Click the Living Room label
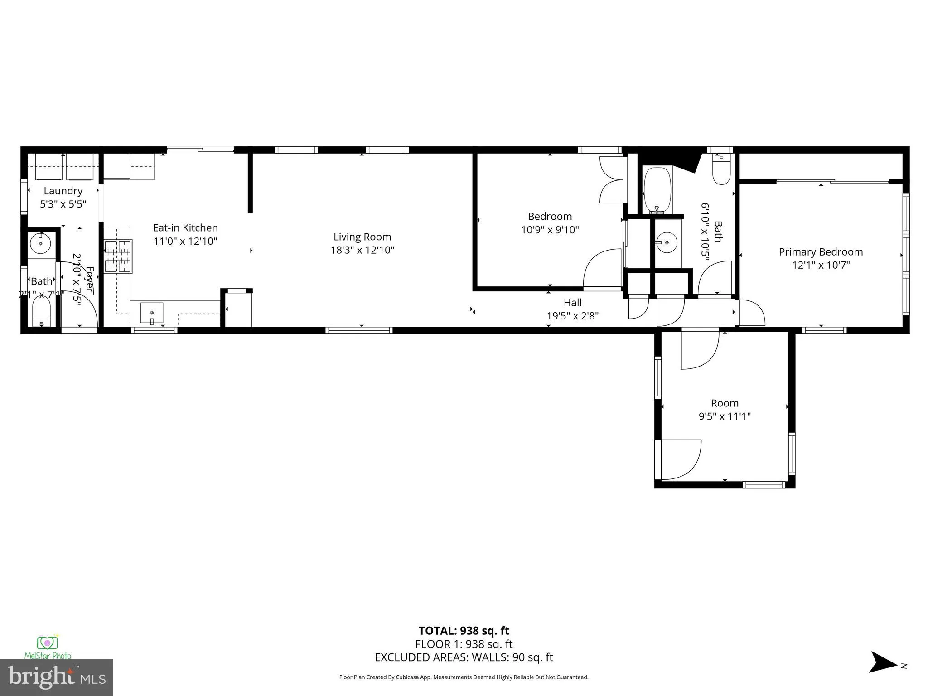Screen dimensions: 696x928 (362, 237)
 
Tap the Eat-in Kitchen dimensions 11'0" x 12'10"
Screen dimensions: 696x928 (185, 241)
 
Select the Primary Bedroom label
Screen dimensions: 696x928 (821, 252)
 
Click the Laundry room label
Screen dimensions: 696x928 (63, 191)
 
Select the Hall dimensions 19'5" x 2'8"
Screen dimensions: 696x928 (572, 316)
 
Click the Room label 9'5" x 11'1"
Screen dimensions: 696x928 (725, 403)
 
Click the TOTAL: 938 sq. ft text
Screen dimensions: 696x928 (464, 631)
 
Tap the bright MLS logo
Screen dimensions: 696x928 (57, 677)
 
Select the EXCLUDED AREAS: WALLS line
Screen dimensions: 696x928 (464, 657)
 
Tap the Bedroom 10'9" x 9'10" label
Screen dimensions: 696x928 (550, 216)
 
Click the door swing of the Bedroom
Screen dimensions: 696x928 (601, 269)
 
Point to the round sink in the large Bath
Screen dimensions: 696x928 (667, 243)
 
